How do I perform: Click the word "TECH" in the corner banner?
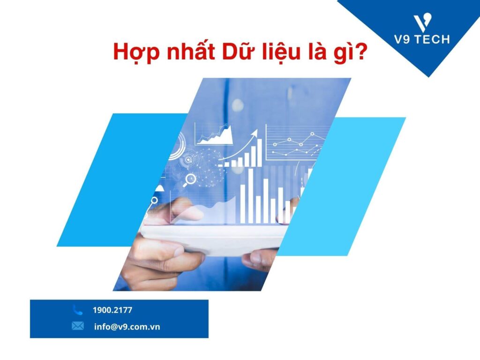pyautogui.click(x=433, y=39)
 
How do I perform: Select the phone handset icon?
pyautogui.click(x=78, y=310)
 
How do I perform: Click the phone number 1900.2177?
pyautogui.click(x=112, y=310)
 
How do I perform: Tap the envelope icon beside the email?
pyautogui.click(x=78, y=326)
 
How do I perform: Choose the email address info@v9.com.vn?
pyautogui.click(x=127, y=326)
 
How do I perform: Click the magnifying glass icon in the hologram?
pyautogui.click(x=191, y=179)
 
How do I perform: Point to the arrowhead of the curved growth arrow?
pyautogui.click(x=255, y=134)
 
